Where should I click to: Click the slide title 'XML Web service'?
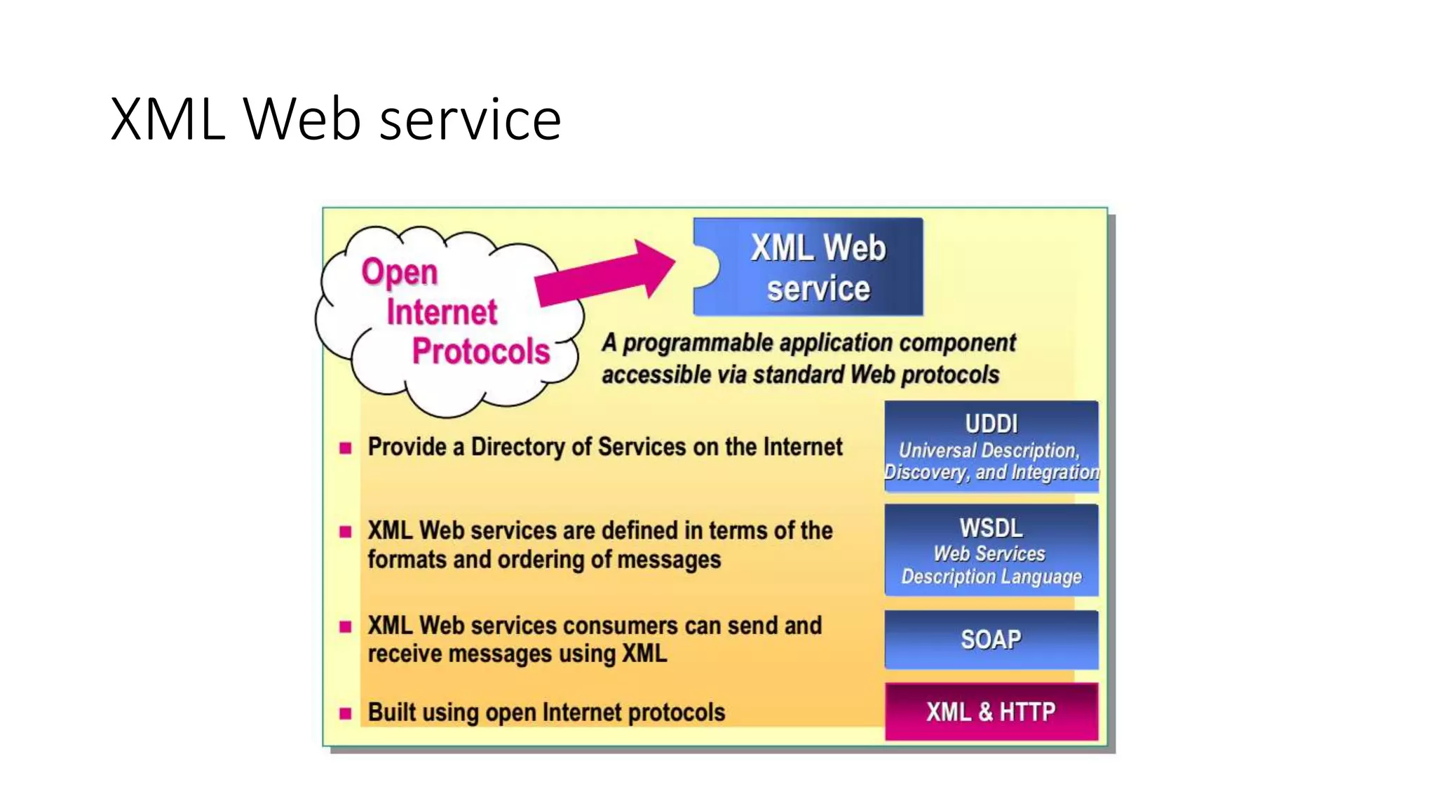pyautogui.click(x=335, y=119)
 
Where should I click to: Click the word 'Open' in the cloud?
pyautogui.click(x=399, y=272)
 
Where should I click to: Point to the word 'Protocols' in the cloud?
pyautogui.click(x=480, y=351)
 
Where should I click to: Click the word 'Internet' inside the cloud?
pyautogui.click(x=441, y=312)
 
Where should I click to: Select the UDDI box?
pyautogui.click(x=991, y=446)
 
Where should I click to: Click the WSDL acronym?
pyautogui.click(x=991, y=527)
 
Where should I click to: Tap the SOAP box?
pyautogui.click(x=991, y=640)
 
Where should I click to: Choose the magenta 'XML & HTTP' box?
pyautogui.click(x=991, y=712)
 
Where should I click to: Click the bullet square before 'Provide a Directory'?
pyautogui.click(x=345, y=448)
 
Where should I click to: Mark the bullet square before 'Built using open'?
pyautogui.click(x=345, y=714)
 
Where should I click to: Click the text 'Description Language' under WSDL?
pyautogui.click(x=991, y=577)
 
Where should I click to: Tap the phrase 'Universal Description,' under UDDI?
pyautogui.click(x=989, y=450)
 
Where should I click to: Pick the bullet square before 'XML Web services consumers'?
pyautogui.click(x=345, y=626)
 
